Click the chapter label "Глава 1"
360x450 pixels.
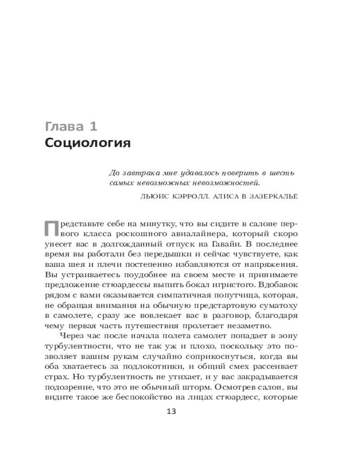[x=71, y=126]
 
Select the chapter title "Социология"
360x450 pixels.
[x=88, y=144]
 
